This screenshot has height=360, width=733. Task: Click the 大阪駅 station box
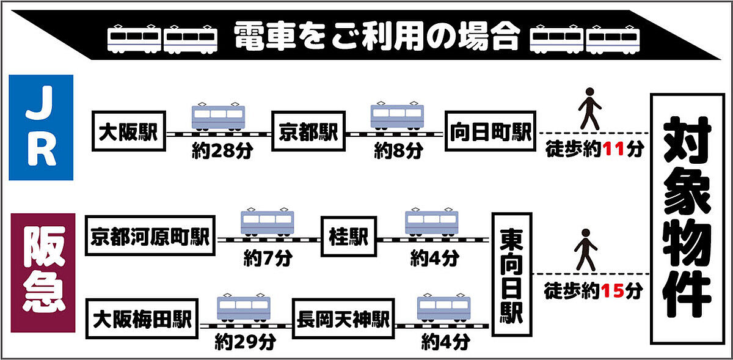point(129,132)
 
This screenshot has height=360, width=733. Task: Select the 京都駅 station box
point(309,132)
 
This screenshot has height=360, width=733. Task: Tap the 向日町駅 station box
point(490,132)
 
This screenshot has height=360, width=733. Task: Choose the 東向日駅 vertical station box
point(511,274)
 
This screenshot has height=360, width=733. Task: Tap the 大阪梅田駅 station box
point(142,318)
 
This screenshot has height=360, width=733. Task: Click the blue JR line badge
point(41,128)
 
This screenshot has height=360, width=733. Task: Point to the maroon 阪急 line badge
point(43,273)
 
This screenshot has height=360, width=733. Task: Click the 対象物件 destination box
point(687,219)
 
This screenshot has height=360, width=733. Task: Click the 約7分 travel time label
point(268,259)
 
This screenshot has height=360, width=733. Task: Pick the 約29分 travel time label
point(243,340)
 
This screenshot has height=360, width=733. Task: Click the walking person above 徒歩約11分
point(589,108)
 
